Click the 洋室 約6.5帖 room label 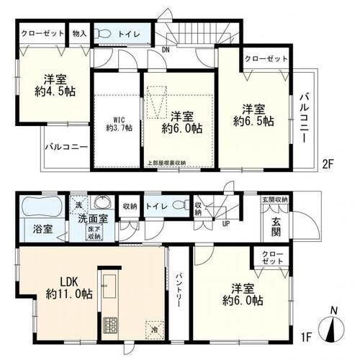coord(257,114)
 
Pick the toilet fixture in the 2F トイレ coord(103,33)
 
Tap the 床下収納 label coord(94,231)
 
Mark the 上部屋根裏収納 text coord(166,163)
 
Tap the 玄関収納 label coord(275,199)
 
